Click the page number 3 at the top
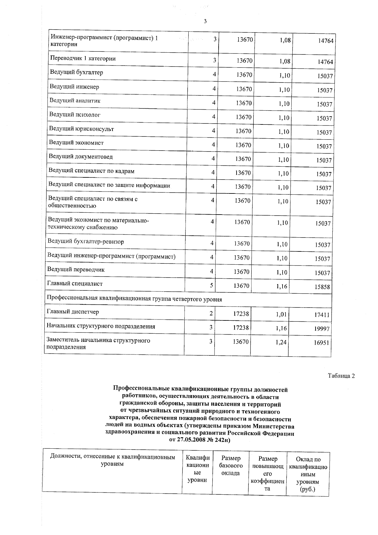tap(205, 21)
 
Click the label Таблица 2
tap(341, 376)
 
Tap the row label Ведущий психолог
tap(75, 115)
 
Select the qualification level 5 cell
tap(212, 285)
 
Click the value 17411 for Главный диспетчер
tap(322, 314)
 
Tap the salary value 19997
tap(322, 329)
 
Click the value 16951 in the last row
tap(321, 342)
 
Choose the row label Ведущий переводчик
tap(76, 270)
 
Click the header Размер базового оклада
tap(231, 465)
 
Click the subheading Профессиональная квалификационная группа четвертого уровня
tap(134, 299)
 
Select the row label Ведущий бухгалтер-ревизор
tap(86, 242)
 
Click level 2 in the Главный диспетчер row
tap(211, 313)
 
